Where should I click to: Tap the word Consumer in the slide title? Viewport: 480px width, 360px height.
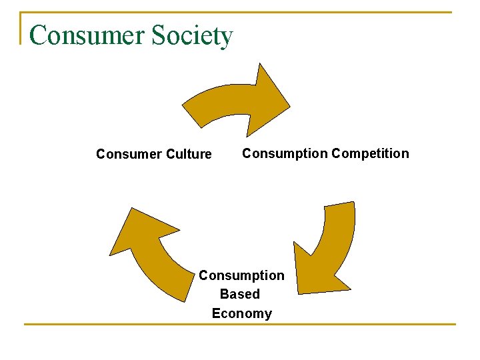pyautogui.click(x=79, y=35)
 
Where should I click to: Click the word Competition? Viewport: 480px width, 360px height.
pyautogui.click(x=370, y=154)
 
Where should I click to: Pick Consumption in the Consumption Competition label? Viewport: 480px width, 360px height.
pyautogui.click(x=285, y=154)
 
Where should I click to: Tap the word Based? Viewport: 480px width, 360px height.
pyautogui.click(x=240, y=294)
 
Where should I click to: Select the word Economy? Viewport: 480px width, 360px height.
pyautogui.click(x=242, y=313)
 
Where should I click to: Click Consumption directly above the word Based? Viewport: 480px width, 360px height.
pyautogui.click(x=241, y=275)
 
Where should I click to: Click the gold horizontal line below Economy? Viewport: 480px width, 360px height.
pyautogui.click(x=240, y=325)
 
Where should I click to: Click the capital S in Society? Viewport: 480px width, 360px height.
pyautogui.click(x=158, y=35)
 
